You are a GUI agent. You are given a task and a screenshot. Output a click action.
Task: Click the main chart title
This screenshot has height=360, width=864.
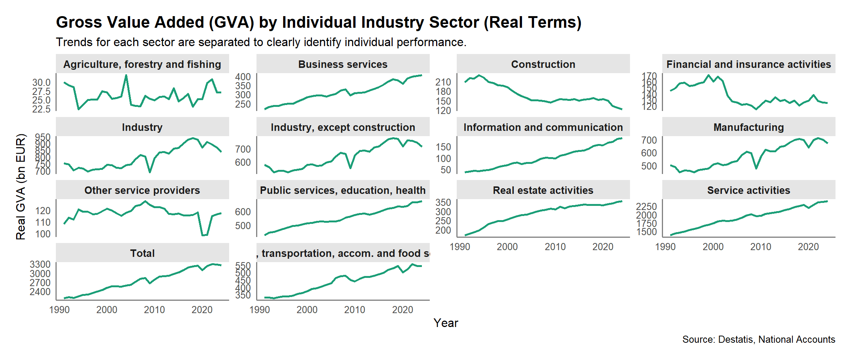[x=318, y=22]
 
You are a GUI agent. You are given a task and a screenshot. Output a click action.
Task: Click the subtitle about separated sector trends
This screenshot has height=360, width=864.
[x=261, y=42]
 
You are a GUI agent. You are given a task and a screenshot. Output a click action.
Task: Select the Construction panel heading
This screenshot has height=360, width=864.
[x=543, y=64]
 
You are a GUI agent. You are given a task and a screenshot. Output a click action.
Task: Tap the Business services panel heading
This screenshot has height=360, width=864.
[x=343, y=64]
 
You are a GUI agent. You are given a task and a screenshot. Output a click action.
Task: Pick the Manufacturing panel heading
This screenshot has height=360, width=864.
[x=748, y=127]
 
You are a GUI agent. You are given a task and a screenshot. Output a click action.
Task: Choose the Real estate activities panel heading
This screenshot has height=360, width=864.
[x=543, y=190]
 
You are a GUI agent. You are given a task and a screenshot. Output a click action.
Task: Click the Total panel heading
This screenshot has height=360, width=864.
[x=142, y=253]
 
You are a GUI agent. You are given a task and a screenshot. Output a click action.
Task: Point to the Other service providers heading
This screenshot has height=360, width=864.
[x=142, y=190]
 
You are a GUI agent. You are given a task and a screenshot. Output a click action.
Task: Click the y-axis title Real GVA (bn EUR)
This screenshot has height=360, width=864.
[x=21, y=186]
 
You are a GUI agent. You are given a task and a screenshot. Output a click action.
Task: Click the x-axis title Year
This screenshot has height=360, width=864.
[x=445, y=323]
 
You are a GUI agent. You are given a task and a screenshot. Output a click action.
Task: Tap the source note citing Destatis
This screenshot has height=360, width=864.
[x=759, y=339]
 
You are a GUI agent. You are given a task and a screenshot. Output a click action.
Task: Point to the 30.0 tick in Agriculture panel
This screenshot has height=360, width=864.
[x=41, y=82]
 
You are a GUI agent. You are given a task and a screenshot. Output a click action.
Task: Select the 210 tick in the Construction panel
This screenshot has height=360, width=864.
[x=443, y=82]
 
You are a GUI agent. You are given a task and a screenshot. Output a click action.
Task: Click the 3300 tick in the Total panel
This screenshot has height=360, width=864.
[x=40, y=264]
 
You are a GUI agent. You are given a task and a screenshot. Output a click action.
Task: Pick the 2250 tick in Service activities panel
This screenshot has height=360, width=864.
[x=646, y=207]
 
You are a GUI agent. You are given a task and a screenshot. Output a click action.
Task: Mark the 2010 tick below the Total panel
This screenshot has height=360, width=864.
[x=154, y=310]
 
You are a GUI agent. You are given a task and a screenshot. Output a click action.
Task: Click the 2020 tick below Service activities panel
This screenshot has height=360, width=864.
[x=808, y=247]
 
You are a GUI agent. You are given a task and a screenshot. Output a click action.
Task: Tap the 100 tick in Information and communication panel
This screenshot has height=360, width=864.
[x=443, y=159]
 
